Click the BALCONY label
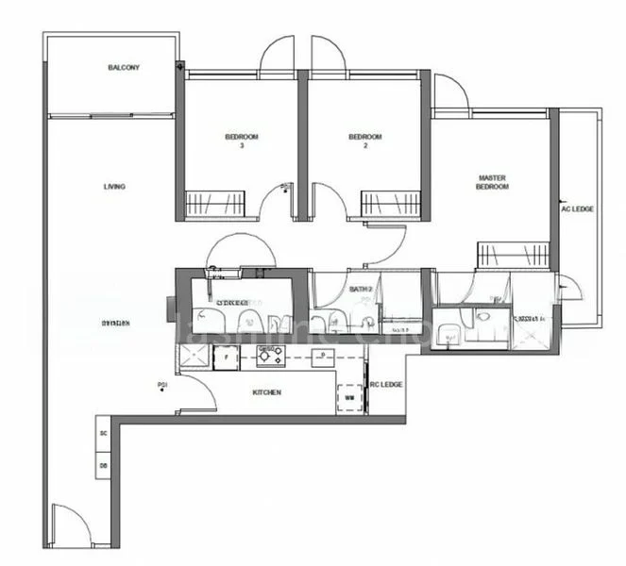tap(125, 69)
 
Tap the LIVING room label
tap(114, 187)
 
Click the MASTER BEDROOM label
tap(493, 182)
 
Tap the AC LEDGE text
tap(577, 208)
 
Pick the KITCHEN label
tap(266, 392)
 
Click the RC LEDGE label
tap(386, 385)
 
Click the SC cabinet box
tap(103, 433)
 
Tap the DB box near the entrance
tap(103, 465)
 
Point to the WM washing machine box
tap(349, 398)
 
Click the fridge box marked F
tap(227, 358)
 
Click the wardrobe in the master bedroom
tap(513, 254)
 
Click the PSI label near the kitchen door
tap(163, 385)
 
